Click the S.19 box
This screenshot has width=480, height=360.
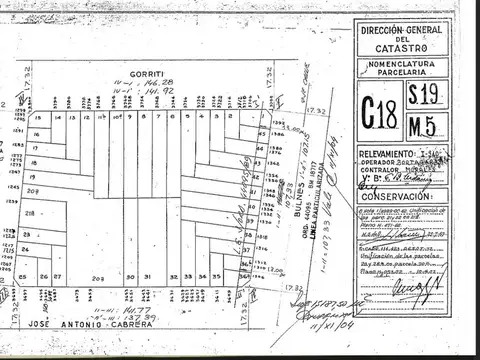[427, 94]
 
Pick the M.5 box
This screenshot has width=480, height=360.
[427, 123]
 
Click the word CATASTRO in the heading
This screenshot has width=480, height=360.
[400, 47]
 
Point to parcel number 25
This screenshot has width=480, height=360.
[22, 277]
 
